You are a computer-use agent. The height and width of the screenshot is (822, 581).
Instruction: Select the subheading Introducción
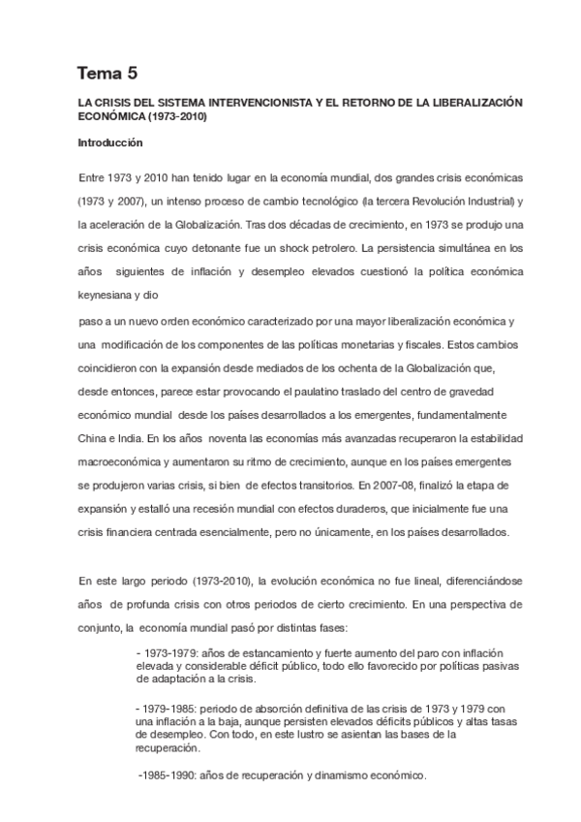pyautogui.click(x=110, y=142)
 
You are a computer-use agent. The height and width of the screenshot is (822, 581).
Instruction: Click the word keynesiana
pyautogui.click(x=109, y=292)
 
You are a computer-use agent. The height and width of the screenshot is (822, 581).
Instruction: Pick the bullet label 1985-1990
pyautogui.click(x=171, y=775)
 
